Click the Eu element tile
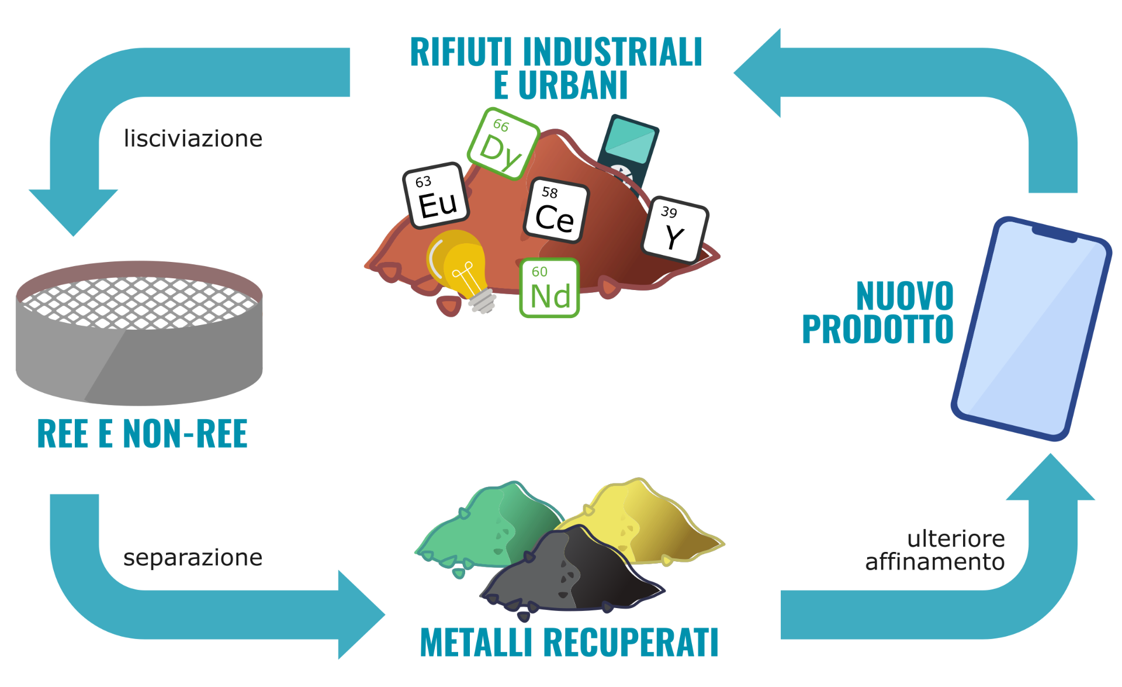coord(436,195)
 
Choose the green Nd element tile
coord(549,288)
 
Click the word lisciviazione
coord(193,139)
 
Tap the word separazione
coord(193,558)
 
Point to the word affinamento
coord(934,562)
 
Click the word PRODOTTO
coord(877,329)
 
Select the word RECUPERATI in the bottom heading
coord(631,643)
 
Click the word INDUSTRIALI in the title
coord(612,52)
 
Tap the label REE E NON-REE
coord(142,434)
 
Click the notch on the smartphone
coord(1054,234)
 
